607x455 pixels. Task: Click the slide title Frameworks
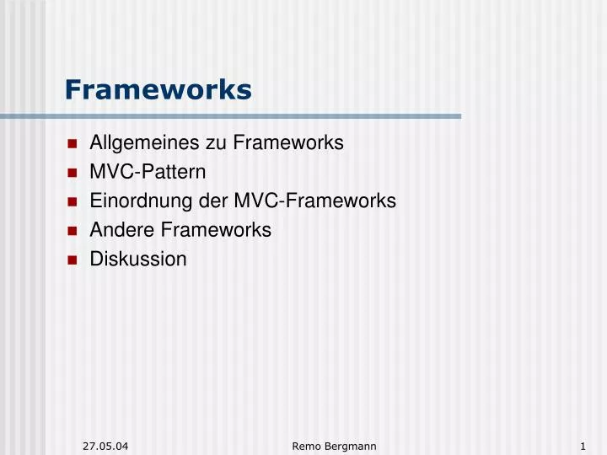point(158,89)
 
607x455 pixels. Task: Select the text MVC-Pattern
point(148,172)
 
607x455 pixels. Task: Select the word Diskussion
point(138,259)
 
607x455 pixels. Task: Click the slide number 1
point(583,445)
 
